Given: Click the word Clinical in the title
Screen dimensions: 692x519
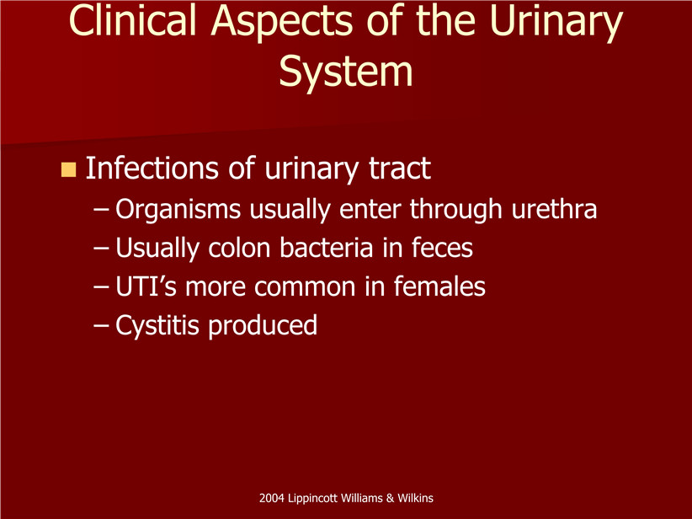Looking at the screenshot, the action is (x=132, y=20).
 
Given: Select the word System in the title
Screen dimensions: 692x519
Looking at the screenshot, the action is (x=346, y=72).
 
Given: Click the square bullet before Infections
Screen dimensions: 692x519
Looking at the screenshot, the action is (x=68, y=169).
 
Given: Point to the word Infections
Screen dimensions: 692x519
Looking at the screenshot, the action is (x=152, y=168).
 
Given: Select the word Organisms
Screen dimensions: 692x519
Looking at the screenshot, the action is (x=178, y=209).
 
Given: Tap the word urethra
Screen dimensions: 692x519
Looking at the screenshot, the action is (x=554, y=208).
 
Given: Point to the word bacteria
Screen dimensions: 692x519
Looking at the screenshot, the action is (x=327, y=248).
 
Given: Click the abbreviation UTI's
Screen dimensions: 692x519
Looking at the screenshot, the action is (x=146, y=286).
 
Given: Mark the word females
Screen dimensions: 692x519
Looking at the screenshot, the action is (x=439, y=286).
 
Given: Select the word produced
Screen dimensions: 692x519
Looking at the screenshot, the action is (x=263, y=326).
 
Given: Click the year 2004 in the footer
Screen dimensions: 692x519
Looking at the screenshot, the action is (x=271, y=498).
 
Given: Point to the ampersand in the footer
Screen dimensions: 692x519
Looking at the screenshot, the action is (x=390, y=498).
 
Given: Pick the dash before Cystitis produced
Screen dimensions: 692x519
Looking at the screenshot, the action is (x=102, y=327).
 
